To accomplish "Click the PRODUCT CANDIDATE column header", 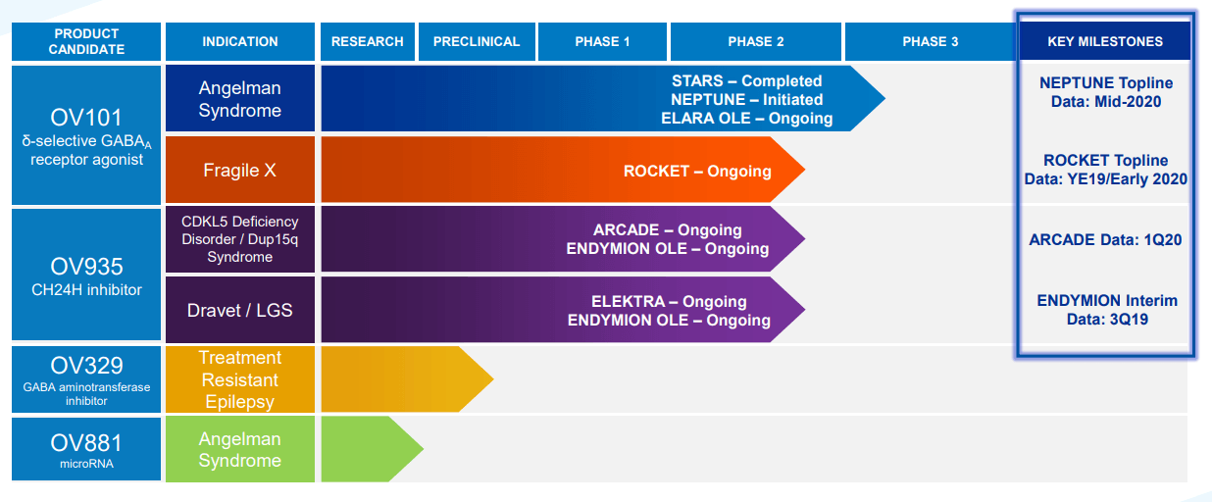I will coord(88,41).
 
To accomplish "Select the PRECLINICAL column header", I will coord(477,41).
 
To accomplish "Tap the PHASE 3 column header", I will coord(930,41).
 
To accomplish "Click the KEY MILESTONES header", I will coord(1104,41).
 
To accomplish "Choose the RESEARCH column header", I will coord(367,41).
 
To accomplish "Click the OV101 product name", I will coord(86,118).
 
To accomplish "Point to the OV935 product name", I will coord(86,266).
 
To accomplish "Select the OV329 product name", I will coord(86,366).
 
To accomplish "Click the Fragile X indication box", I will coord(239,170).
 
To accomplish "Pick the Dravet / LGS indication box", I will coord(239,310).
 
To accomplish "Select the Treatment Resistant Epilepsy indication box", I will coord(239,379).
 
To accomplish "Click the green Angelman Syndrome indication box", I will coord(239,450).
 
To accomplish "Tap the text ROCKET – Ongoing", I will coord(697,171).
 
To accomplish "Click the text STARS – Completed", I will coord(746,80).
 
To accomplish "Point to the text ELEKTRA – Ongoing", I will coord(669,301).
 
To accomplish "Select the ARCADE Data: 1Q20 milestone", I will coord(1105,240).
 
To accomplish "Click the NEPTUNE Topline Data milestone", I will coord(1105,92).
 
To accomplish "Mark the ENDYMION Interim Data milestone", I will coord(1106,310).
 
